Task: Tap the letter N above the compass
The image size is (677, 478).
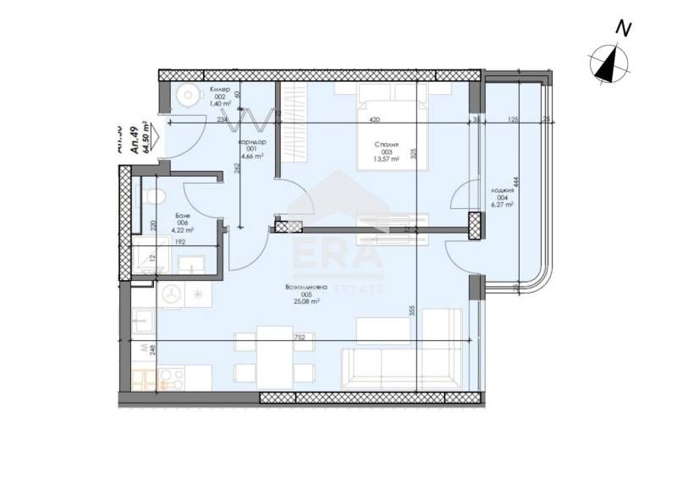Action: pyautogui.click(x=624, y=28)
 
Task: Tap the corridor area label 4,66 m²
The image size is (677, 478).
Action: pyautogui.click(x=251, y=157)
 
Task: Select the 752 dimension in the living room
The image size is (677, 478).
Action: pyautogui.click(x=299, y=337)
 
